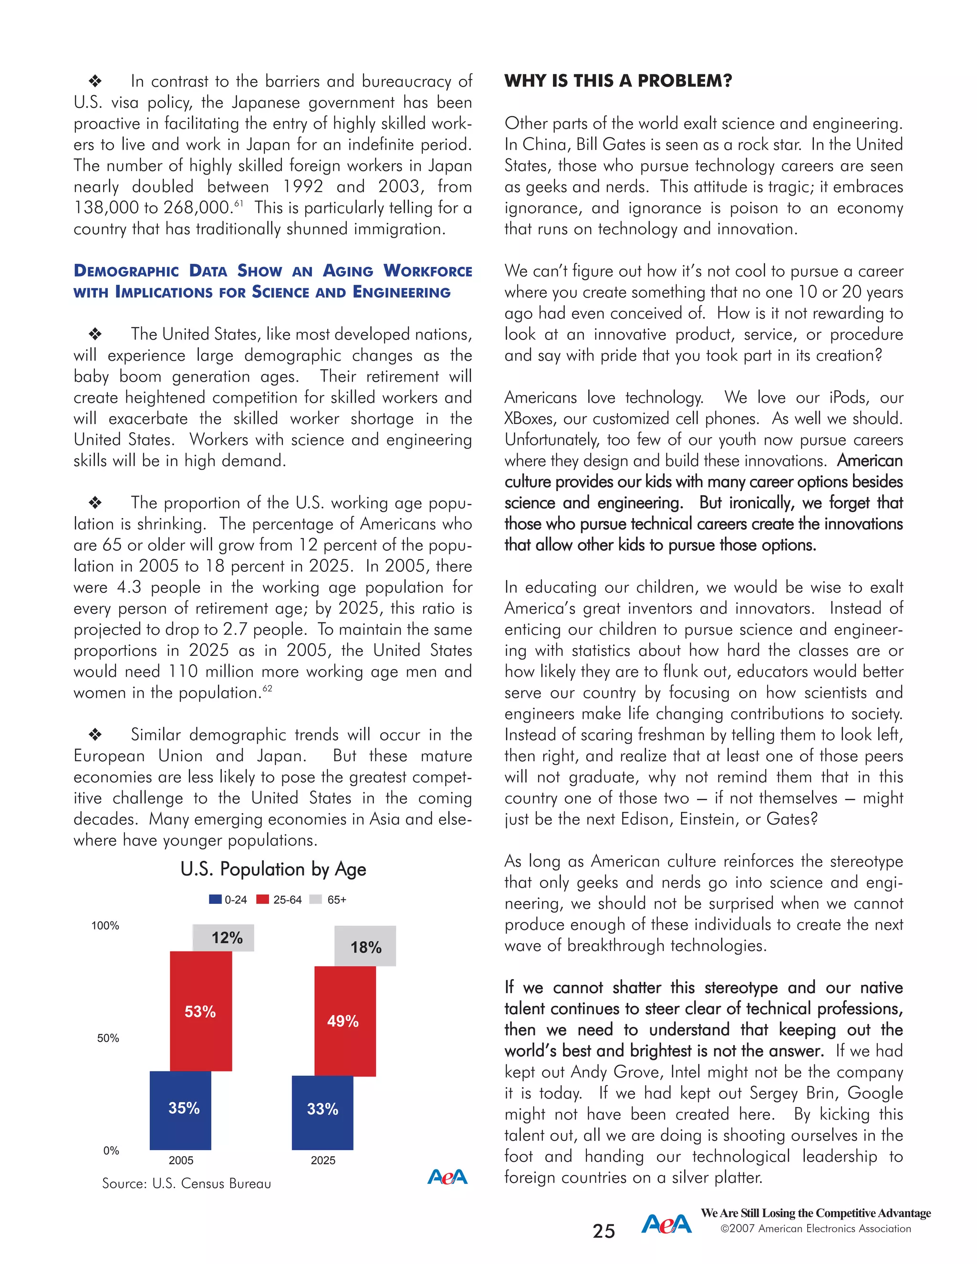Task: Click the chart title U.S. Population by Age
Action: [273, 869]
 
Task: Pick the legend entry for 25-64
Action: [280, 900]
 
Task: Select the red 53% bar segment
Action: [200, 1011]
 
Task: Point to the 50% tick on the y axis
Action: [108, 1038]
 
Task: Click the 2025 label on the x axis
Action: [323, 1160]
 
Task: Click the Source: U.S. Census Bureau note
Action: [187, 1183]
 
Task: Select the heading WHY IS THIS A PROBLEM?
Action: [618, 81]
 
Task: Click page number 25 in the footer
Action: [603, 1231]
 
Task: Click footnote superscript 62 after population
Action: [268, 688]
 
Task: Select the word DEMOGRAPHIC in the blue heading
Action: [126, 271]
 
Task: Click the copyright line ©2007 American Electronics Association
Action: [815, 1229]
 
